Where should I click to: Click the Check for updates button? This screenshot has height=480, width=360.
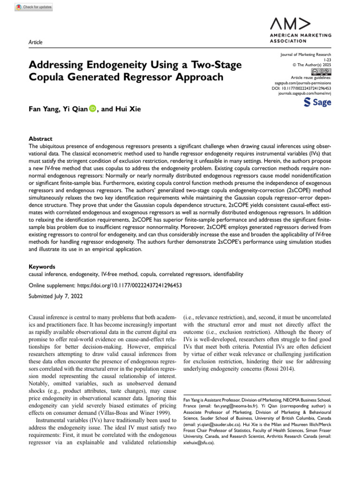[x=34, y=7]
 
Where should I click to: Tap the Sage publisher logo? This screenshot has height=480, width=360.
[x=317, y=102]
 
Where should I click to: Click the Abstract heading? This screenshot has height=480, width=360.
[x=41, y=139]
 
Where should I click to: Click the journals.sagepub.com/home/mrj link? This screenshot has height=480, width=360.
[x=305, y=93]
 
